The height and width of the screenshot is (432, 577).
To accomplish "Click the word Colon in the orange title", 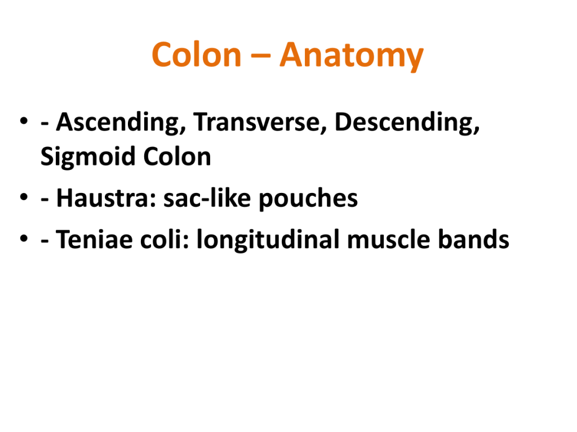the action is pyautogui.click(x=197, y=55).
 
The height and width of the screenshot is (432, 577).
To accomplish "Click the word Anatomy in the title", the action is pyautogui.click(x=352, y=56).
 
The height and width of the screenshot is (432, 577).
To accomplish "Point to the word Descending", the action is pyautogui.click(x=407, y=123).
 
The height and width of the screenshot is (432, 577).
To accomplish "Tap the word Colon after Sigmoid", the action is pyautogui.click(x=177, y=157).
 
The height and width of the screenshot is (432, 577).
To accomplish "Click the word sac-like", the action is pyautogui.click(x=207, y=199).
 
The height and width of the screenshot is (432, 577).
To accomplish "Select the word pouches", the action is pyautogui.click(x=308, y=199).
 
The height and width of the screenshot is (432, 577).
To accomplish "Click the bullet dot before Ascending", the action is pyautogui.click(x=24, y=121).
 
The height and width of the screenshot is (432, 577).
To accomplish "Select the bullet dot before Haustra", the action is pyautogui.click(x=24, y=197).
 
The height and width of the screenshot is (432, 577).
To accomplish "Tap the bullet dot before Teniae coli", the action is pyautogui.click(x=24, y=238).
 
